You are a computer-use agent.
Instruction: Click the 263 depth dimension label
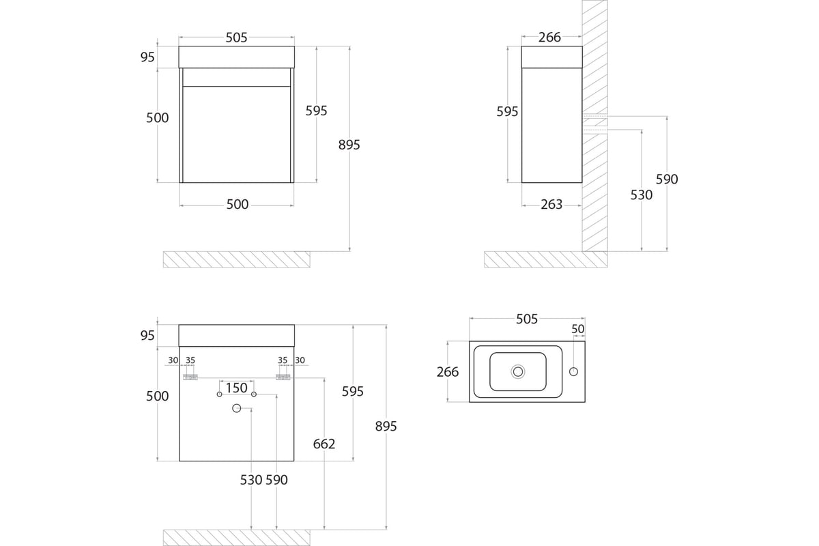click(x=551, y=205)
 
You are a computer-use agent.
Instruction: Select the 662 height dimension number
click(x=324, y=444)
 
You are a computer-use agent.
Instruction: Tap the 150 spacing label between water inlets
click(x=237, y=388)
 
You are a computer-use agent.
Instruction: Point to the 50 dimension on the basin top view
click(x=577, y=329)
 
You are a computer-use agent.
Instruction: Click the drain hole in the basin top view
click(x=518, y=372)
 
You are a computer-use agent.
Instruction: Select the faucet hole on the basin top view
click(x=573, y=371)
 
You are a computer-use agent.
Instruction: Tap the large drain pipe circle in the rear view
click(x=237, y=408)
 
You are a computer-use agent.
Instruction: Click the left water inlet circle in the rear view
click(x=219, y=394)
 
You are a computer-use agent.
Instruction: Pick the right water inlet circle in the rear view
click(x=254, y=394)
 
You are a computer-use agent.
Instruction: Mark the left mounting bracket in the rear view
click(x=190, y=377)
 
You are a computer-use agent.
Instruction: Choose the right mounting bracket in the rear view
click(x=283, y=377)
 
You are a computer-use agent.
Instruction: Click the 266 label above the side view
click(x=549, y=38)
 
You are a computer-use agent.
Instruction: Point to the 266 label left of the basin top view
click(x=448, y=372)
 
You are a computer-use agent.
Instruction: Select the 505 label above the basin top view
click(x=527, y=319)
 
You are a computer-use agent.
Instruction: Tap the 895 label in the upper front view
click(x=349, y=145)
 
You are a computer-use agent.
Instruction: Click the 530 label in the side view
click(x=642, y=195)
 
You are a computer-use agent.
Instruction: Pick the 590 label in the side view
click(x=667, y=179)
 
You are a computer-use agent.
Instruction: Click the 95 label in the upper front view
click(x=147, y=57)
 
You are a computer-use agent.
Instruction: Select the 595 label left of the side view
click(x=507, y=111)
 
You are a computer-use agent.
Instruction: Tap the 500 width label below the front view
click(x=238, y=205)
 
